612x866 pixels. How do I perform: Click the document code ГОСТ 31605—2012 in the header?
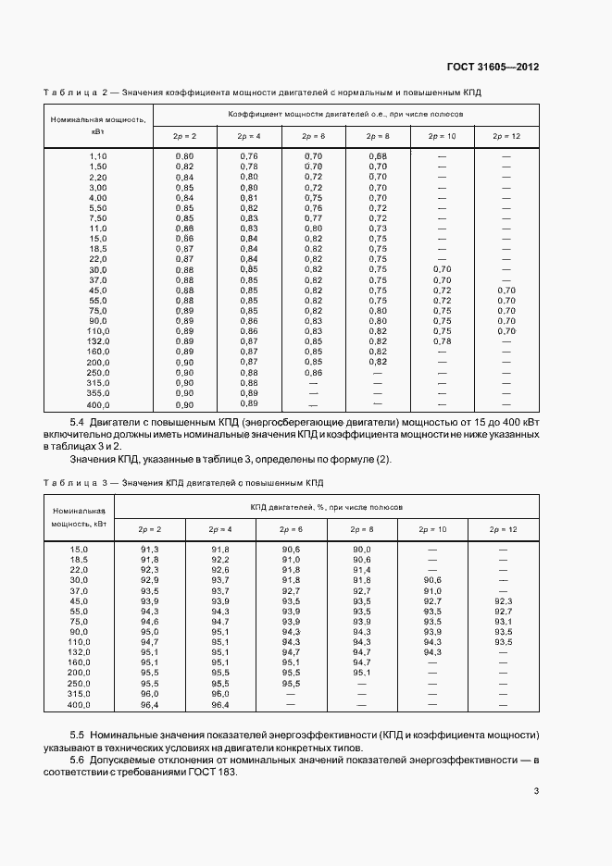point(493,68)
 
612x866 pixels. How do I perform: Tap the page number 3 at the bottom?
point(536,790)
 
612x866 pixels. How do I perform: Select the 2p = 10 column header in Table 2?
point(442,137)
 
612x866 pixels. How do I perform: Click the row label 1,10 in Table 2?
point(98,155)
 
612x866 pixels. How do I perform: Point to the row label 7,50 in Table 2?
point(98,217)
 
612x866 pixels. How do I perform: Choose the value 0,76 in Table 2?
point(249,155)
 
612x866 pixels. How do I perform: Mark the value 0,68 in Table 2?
point(378,155)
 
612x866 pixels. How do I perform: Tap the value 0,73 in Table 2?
point(378,228)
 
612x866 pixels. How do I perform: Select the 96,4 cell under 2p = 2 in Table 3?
point(150,704)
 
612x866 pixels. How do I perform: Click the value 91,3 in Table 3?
point(150,550)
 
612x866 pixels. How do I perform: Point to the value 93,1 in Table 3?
point(503,622)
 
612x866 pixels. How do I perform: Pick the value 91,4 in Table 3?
point(362,570)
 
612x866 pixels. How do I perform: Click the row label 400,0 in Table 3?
point(79,704)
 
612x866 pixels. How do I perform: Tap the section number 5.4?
point(66,421)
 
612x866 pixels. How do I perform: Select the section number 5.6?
point(66,759)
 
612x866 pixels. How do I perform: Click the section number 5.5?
point(66,734)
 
